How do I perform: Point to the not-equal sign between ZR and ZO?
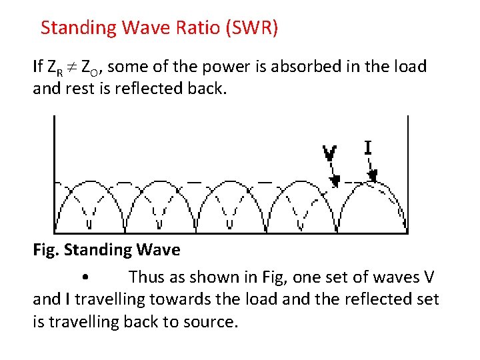74,67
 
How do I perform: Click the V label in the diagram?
329,153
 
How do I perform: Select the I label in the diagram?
367,147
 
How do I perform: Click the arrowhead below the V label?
336,179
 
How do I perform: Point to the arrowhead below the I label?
373,175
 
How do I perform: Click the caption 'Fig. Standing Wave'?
106,250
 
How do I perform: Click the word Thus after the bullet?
146,277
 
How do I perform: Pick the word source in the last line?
211,322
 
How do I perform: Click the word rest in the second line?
83,89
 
